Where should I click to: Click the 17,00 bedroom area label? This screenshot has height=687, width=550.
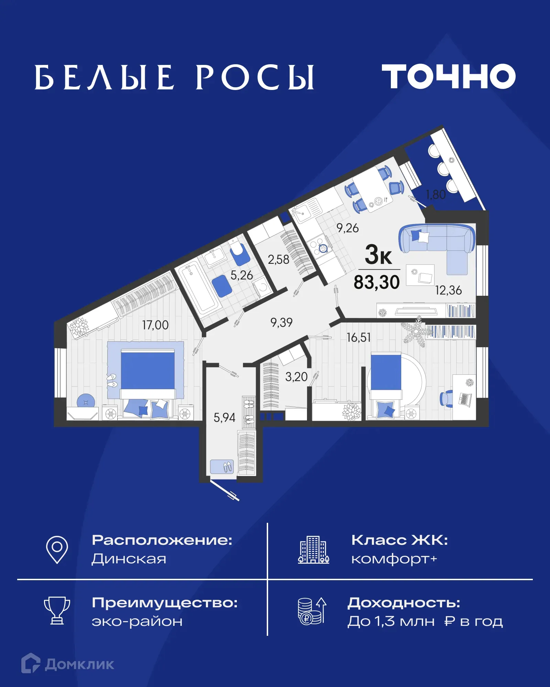pos(155,325)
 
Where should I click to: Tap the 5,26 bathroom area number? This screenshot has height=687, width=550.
pos(241,275)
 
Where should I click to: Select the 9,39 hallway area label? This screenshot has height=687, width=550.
pos(281,322)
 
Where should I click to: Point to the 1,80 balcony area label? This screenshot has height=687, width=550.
pos(436,195)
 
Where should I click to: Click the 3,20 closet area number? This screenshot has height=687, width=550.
pos(296,377)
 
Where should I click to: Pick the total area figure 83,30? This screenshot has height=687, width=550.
pos(377,282)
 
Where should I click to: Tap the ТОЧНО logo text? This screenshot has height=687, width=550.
pos(449,76)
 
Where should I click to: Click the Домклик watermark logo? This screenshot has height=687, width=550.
pos(68,664)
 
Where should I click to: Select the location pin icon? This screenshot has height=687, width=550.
pos(57,549)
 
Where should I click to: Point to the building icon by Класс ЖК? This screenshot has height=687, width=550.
pos(313,550)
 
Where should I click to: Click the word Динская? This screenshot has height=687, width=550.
pos(129,559)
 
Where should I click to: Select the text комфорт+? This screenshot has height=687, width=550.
pos(394,559)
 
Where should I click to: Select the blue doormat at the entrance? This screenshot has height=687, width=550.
pos(222,467)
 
